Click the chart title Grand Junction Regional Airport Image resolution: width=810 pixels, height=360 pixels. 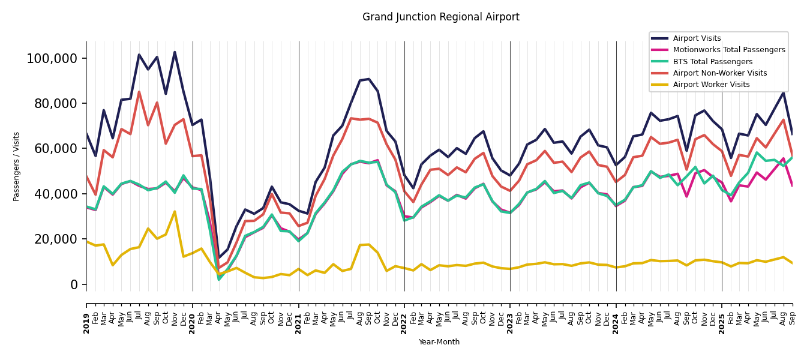pos(440,17)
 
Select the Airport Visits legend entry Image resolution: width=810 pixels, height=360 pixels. pos(697,38)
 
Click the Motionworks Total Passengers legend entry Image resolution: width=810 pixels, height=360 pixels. pos(728,50)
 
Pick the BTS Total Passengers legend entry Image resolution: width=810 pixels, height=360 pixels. pos(712,62)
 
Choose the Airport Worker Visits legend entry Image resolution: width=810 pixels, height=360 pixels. pos(711,85)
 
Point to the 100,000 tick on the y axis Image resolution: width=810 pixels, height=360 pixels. pos(52,59)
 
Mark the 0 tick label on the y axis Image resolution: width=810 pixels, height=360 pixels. pos(74,284)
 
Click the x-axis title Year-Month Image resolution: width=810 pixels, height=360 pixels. pos(439,342)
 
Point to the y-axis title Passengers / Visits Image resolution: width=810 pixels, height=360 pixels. pos(17,166)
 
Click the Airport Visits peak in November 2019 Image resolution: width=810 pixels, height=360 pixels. pos(175,52)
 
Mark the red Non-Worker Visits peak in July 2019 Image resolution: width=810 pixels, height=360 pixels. pos(139,92)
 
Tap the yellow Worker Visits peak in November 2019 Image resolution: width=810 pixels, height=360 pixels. pos(175,211)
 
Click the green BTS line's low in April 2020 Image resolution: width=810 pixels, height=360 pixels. pos(219,280)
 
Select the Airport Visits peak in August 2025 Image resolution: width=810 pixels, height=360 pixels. pos(784,92)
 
